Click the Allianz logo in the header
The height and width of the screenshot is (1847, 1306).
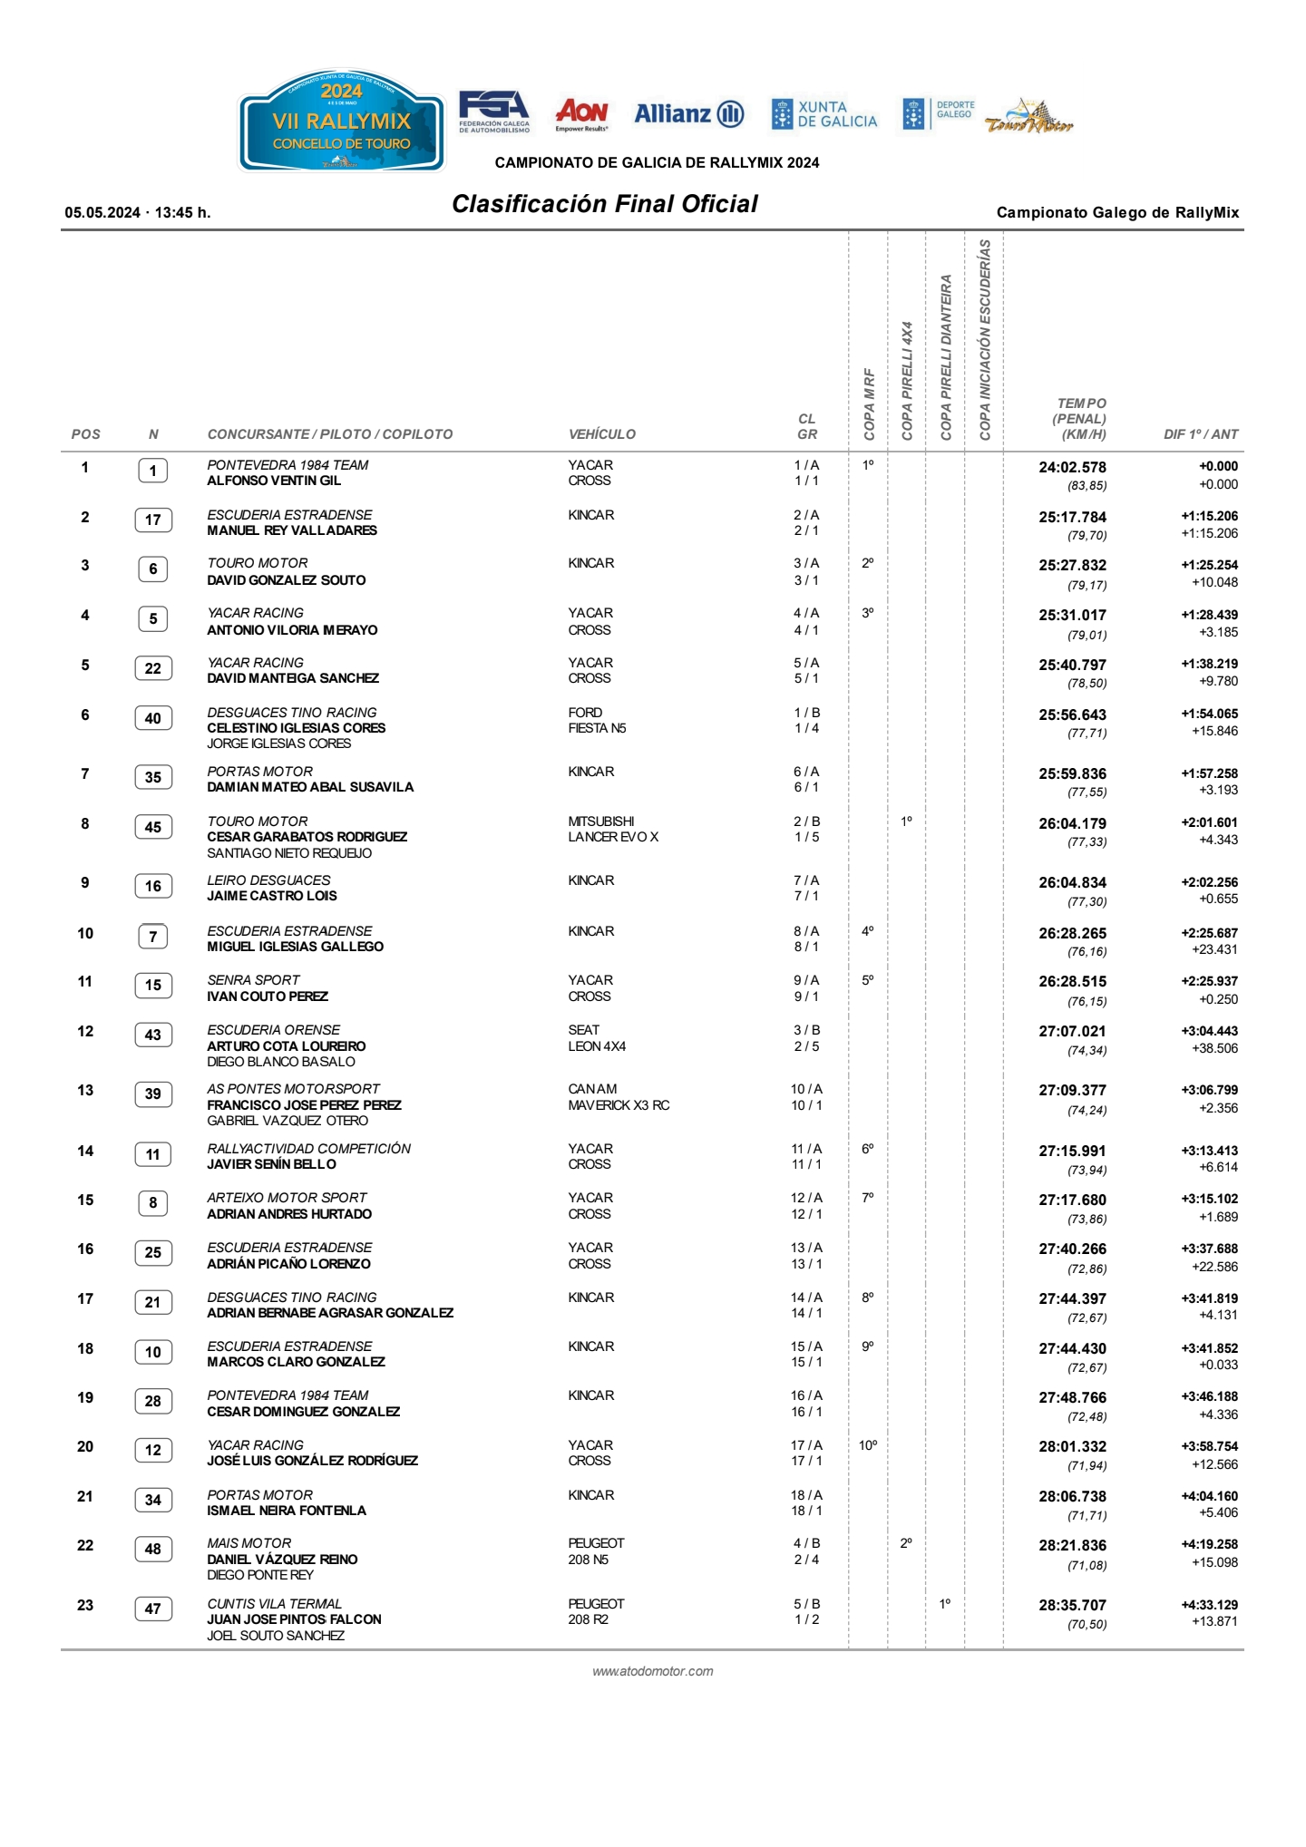[688, 114]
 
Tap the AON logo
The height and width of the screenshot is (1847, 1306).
[581, 113]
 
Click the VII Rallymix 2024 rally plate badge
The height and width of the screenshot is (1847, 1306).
[341, 121]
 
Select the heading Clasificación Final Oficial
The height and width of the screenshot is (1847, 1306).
[605, 204]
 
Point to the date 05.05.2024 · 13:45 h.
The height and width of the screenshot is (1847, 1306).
[138, 213]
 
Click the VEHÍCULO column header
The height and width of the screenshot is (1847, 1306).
[601, 434]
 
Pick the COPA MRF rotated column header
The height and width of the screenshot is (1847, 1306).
[869, 404]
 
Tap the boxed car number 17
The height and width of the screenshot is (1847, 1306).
[153, 520]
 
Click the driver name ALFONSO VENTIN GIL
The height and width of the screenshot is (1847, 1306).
[274, 481]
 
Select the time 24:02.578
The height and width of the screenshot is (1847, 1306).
[1072, 468]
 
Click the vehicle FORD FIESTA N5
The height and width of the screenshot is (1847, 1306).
[597, 720]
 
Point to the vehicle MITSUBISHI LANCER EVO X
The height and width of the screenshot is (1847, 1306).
[613, 829]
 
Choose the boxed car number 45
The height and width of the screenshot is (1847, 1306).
[153, 827]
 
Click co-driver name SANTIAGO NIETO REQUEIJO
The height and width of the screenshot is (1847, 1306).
[289, 853]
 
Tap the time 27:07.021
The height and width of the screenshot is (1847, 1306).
[1072, 1032]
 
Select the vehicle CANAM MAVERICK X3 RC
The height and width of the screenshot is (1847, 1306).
[619, 1097]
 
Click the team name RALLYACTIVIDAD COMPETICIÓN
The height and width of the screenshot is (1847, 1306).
[308, 1149]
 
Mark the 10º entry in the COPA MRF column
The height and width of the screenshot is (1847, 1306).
[868, 1445]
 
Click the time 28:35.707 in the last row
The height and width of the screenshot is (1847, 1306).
[1072, 1606]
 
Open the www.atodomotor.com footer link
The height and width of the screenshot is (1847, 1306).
[652, 1671]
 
